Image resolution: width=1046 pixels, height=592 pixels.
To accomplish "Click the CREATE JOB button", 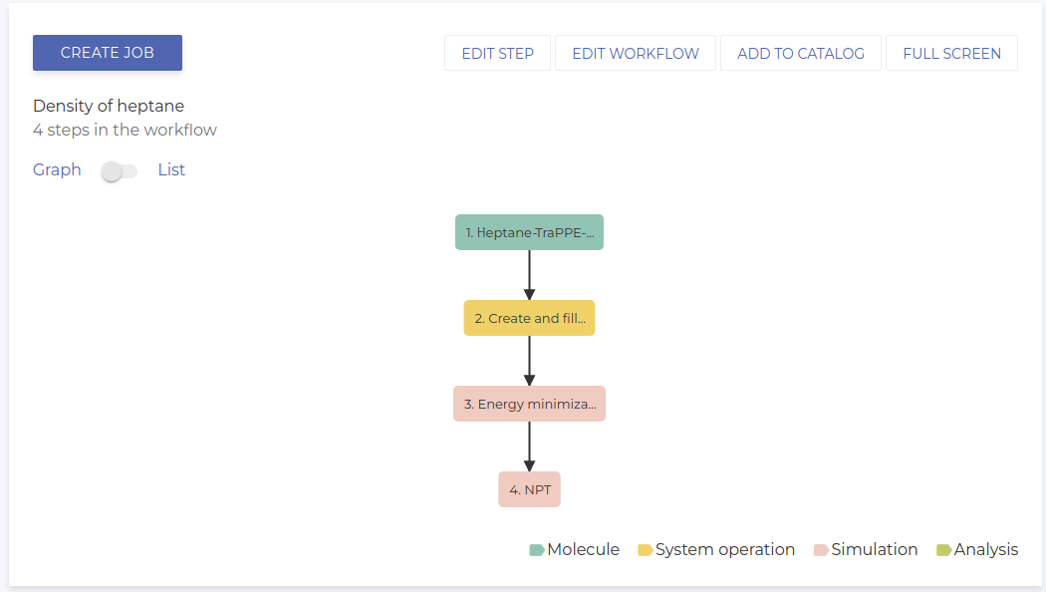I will pyautogui.click(x=108, y=53).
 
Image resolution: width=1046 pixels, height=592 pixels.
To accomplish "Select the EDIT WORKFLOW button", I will pyautogui.click(x=636, y=54).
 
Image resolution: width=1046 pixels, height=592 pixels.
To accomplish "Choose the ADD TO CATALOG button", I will pyautogui.click(x=801, y=54).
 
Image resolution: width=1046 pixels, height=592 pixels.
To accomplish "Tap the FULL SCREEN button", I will pyautogui.click(x=951, y=54).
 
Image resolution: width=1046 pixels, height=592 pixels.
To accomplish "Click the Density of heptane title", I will pyautogui.click(x=109, y=106).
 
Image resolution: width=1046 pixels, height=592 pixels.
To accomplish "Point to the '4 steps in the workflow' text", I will pyautogui.click(x=125, y=130).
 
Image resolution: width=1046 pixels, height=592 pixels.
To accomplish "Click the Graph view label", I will pyautogui.click(x=57, y=169).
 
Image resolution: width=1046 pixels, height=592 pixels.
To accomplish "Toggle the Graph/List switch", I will pyautogui.click(x=120, y=171).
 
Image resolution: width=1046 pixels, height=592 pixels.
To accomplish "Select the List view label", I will pyautogui.click(x=171, y=169).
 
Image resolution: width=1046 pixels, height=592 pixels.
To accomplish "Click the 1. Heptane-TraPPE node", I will pyautogui.click(x=529, y=232).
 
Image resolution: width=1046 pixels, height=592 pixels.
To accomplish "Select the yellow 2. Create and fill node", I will pyautogui.click(x=529, y=318).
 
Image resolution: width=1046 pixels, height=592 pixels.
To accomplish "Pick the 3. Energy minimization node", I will pyautogui.click(x=529, y=404).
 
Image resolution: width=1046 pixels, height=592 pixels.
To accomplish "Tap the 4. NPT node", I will pyautogui.click(x=529, y=489).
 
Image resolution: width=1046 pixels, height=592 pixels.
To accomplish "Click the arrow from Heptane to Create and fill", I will pyautogui.click(x=529, y=274).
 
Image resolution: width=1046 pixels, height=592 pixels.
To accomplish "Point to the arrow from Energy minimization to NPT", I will pyautogui.click(x=529, y=445).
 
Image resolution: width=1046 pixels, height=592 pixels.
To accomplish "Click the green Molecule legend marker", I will pyautogui.click(x=536, y=550).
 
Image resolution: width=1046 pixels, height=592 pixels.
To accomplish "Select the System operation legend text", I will pyautogui.click(x=725, y=549).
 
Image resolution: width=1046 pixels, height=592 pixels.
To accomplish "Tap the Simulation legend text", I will pyautogui.click(x=875, y=549).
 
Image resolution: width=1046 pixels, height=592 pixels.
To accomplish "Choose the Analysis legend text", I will pyautogui.click(x=986, y=549).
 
